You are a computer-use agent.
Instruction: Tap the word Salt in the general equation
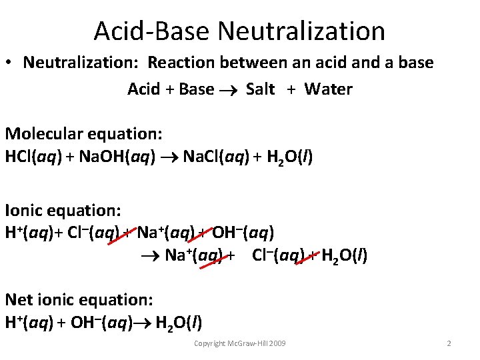[260, 89]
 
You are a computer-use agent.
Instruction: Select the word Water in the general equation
[328, 89]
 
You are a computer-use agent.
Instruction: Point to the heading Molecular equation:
[84, 133]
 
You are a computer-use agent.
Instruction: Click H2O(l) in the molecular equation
[289, 157]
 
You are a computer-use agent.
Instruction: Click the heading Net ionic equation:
[79, 299]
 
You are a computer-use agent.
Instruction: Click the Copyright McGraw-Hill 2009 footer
[239, 343]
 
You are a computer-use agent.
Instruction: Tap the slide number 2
[449, 343]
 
